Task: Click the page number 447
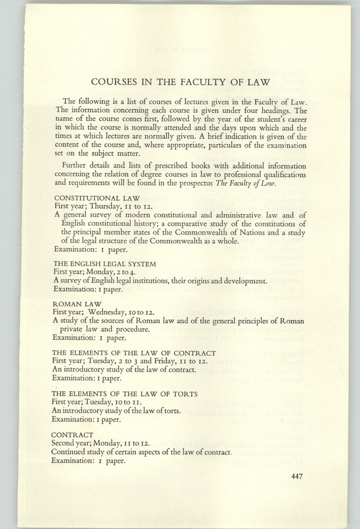[x=296, y=476]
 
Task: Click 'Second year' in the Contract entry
[x=74, y=444]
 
